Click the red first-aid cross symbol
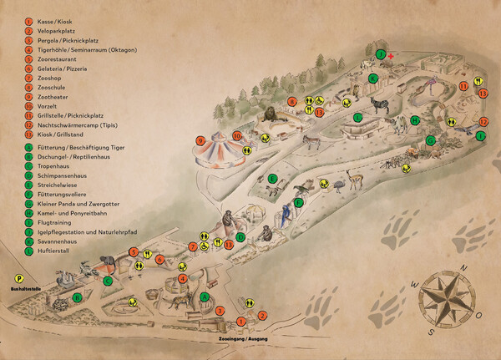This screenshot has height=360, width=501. (x=389, y=55)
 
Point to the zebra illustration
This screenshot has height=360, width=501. (x=380, y=106)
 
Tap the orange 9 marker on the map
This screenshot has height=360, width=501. (x=200, y=140)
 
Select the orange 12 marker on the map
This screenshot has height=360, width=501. (x=483, y=123)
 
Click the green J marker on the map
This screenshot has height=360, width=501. (x=380, y=56)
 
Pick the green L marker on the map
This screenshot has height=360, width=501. (x=482, y=134)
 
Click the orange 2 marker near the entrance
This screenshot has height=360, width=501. (x=261, y=315)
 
